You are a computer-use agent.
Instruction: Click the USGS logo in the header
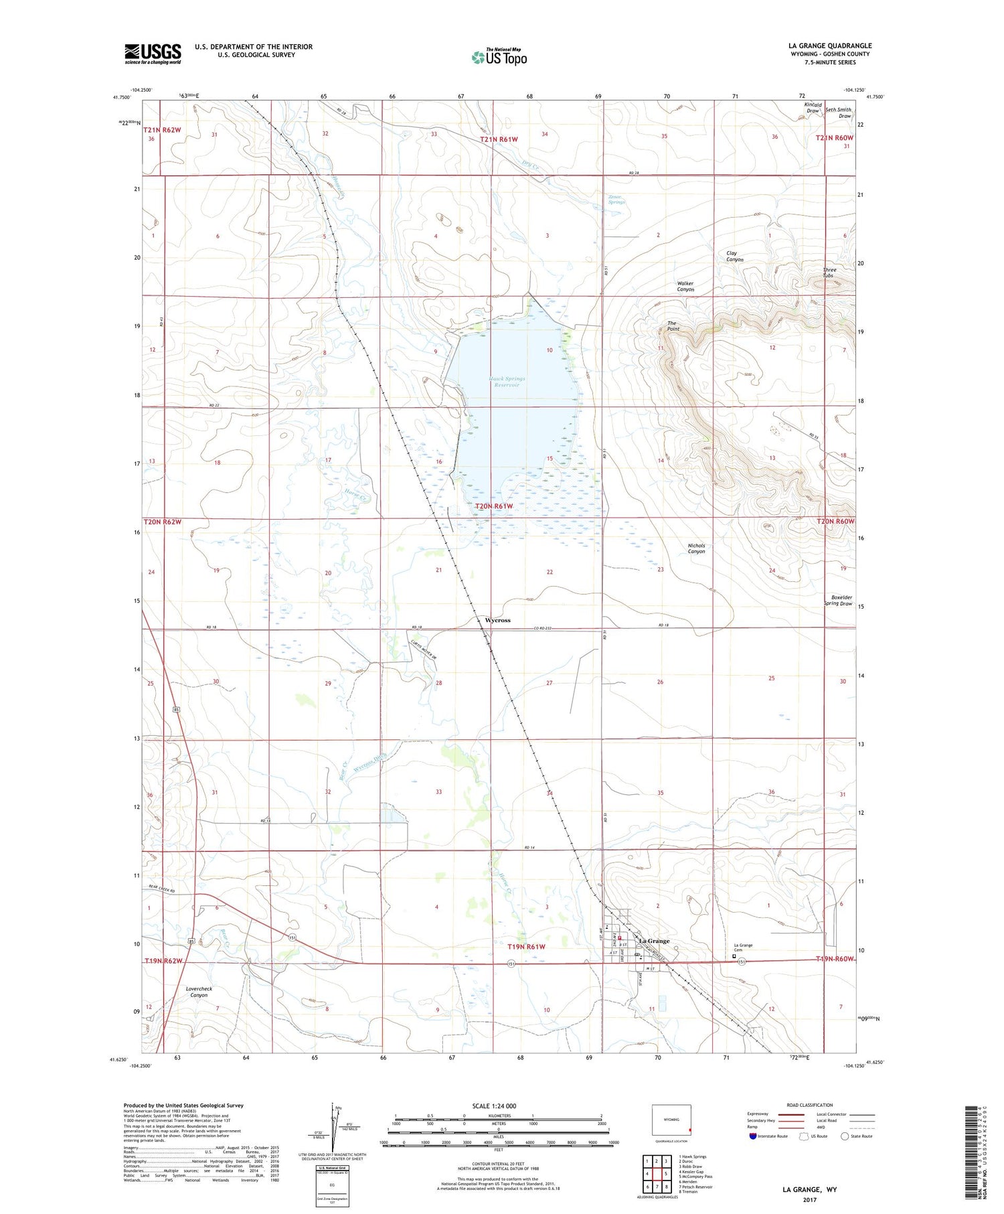[153, 54]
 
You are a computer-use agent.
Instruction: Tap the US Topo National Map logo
[499, 57]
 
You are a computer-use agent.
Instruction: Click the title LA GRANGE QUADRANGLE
[829, 46]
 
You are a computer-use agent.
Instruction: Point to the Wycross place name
[497, 620]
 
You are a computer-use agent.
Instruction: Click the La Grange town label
[653, 941]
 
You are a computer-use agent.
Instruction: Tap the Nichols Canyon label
[696, 548]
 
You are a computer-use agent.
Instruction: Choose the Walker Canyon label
[685, 287]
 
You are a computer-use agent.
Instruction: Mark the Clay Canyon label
[734, 256]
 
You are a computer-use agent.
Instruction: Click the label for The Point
[673, 326]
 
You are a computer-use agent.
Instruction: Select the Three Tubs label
[829, 273]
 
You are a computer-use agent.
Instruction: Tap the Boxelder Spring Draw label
[837, 600]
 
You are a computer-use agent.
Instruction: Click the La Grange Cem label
[743, 947]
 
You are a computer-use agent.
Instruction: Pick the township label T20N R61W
[494, 506]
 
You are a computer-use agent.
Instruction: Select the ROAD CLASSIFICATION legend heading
[809, 1105]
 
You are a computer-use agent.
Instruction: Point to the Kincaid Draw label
[813, 108]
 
